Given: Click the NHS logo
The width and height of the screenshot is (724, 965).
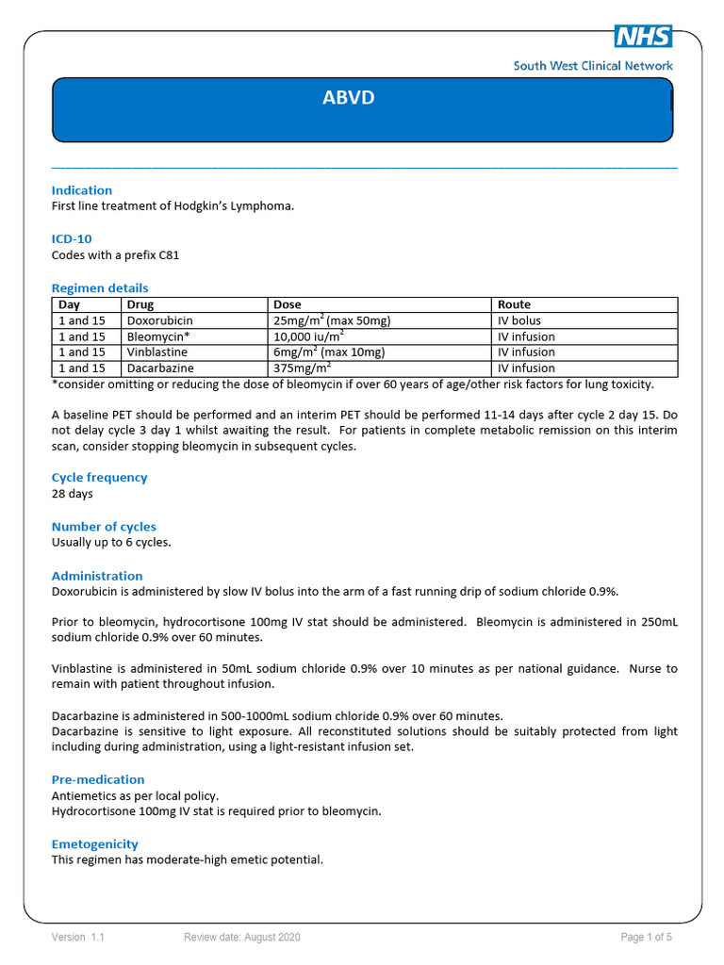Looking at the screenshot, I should tap(643, 36).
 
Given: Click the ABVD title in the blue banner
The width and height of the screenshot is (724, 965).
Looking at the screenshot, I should tap(349, 98).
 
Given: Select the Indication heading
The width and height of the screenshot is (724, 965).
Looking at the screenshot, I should tap(82, 190).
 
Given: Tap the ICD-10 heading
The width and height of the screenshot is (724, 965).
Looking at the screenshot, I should tap(72, 239).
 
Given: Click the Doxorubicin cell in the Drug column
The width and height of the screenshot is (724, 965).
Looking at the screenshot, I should tap(159, 320).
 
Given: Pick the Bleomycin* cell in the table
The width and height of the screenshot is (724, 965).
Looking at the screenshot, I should tap(157, 336).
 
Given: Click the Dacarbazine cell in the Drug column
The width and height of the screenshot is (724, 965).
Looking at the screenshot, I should tap(158, 368).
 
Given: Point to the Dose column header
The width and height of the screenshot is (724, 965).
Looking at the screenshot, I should tap(288, 304).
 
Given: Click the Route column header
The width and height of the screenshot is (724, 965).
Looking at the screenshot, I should tap(514, 304).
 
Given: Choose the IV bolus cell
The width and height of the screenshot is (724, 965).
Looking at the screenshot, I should tap(519, 320).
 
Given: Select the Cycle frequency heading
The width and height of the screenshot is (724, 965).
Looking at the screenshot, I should tap(99, 478).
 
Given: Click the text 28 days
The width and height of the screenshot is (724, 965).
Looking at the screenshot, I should tap(73, 493).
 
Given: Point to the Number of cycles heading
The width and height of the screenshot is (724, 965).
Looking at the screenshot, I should tap(104, 527).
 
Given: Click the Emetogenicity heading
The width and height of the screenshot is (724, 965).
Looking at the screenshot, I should tap(94, 844).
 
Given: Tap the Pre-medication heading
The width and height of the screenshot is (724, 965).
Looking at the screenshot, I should tap(98, 779).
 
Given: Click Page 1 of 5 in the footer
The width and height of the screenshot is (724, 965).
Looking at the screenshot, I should tap(646, 937).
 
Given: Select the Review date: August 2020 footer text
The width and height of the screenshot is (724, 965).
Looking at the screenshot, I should tap(242, 937).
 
